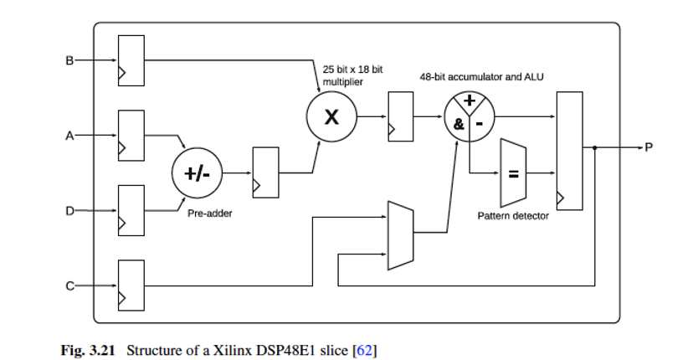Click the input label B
coord(69,59)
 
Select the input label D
coord(69,210)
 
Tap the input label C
coord(69,285)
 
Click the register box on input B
coord(131,59)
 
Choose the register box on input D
coord(131,210)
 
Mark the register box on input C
coord(131,285)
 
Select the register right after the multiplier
coord(400,117)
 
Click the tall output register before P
coord(569,151)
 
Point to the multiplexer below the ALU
coord(401,234)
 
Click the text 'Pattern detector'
coord(513,216)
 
